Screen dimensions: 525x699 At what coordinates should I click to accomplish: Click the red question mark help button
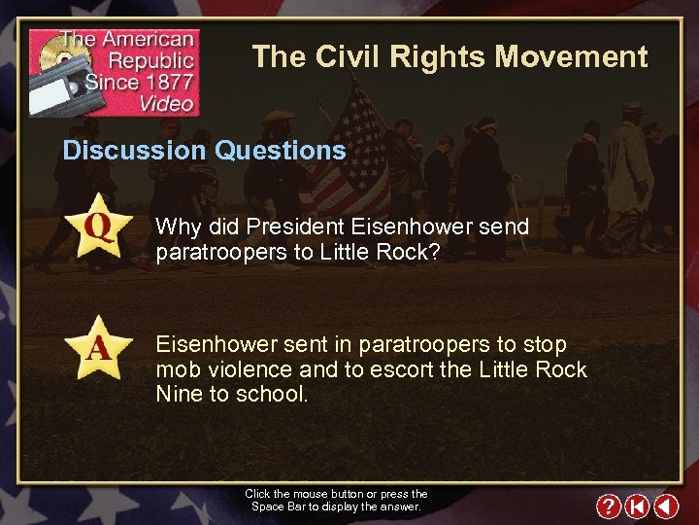point(608,506)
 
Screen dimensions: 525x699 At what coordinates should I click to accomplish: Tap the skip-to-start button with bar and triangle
point(636,506)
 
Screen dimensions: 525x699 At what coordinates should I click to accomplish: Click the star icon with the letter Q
point(99,227)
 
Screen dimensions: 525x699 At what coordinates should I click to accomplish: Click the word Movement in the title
point(571,57)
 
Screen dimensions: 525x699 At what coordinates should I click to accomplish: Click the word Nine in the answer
point(178,395)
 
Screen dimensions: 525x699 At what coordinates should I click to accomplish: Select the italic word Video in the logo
point(167,104)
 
